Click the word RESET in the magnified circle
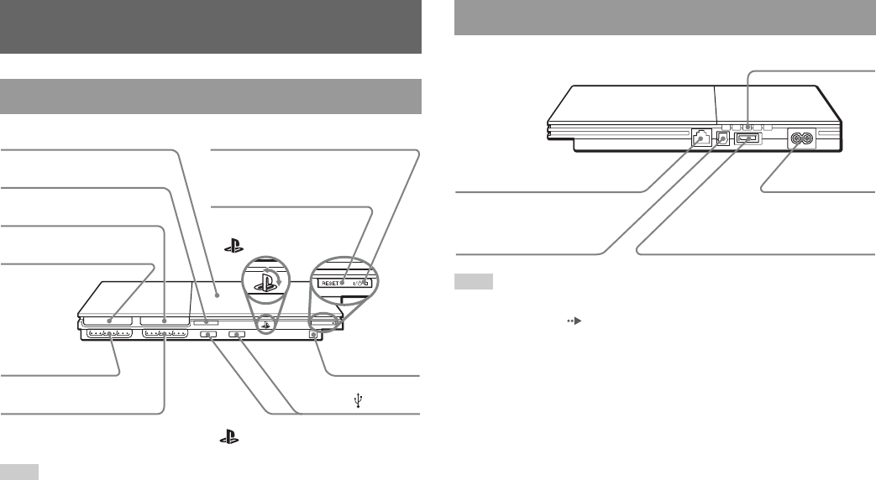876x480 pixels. [333, 284]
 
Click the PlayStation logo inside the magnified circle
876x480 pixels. [265, 281]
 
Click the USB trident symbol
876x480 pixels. [359, 402]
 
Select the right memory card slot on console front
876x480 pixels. [165, 321]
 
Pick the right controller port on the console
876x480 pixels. [165, 335]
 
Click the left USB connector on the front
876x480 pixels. [210, 335]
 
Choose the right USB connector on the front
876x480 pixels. [238, 335]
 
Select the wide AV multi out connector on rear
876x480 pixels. [747, 138]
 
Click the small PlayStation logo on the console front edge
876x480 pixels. [265, 321]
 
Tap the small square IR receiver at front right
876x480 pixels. [316, 335]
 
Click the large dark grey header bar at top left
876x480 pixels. [210, 26]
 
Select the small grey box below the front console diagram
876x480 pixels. [18, 472]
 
